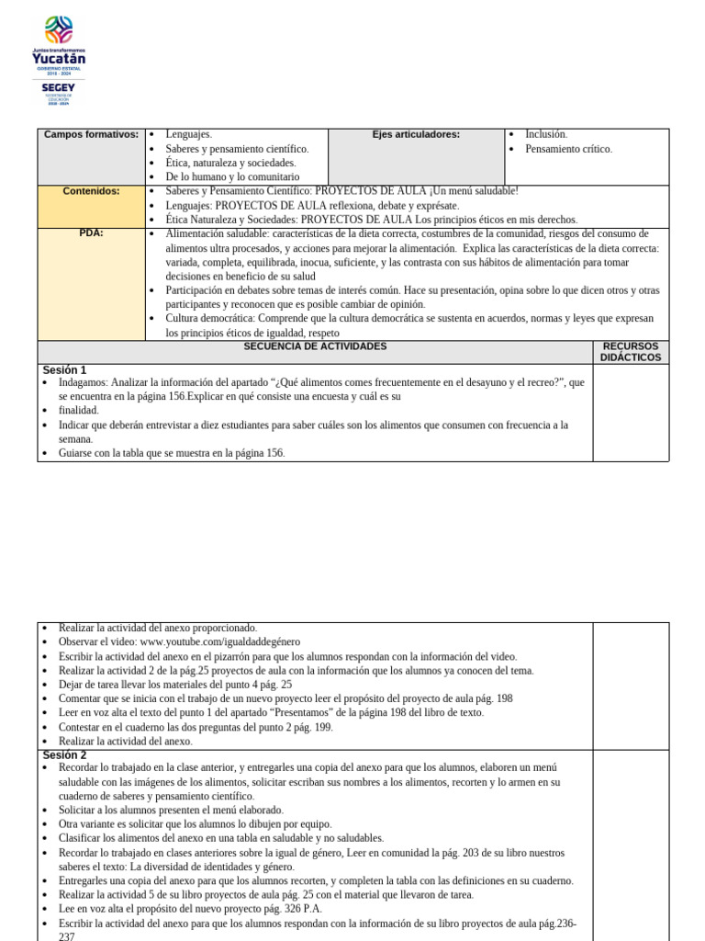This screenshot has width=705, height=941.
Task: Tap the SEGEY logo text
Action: pos(59,87)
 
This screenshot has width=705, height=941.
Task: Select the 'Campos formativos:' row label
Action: pos(91,135)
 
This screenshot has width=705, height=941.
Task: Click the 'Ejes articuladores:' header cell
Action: pos(416,135)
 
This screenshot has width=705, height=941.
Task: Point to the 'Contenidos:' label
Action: pos(91,191)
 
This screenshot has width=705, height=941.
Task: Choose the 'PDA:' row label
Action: pos(91,233)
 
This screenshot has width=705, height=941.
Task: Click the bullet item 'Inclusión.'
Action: pos(546,134)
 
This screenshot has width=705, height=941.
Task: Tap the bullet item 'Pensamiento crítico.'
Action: pos(568,149)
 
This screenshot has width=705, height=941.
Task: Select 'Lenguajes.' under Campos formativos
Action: pos(188,134)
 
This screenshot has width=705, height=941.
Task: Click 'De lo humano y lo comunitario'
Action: pos(232,176)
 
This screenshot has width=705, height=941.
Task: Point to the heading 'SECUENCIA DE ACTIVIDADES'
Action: pos(315,346)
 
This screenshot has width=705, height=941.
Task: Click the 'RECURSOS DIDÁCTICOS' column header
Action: pos(631,352)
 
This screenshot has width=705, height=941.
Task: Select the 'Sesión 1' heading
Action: pos(64,370)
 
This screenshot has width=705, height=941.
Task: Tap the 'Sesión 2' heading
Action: pos(64,754)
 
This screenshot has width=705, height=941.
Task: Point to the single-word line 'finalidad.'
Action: pos(78,411)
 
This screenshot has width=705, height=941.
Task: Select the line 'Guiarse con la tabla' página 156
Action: pos(172,453)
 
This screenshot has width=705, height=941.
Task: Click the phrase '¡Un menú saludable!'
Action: pos(467,191)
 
